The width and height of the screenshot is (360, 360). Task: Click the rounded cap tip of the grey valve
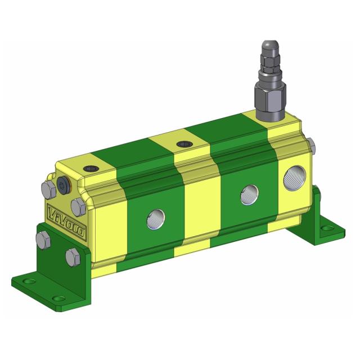[x=267, y=48]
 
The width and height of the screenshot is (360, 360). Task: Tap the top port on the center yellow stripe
[x=184, y=145]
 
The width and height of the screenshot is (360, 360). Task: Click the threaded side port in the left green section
[x=155, y=219]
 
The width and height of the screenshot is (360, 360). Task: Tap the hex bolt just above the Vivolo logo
[x=78, y=204]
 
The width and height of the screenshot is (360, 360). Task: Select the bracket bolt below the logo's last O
[x=72, y=258]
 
